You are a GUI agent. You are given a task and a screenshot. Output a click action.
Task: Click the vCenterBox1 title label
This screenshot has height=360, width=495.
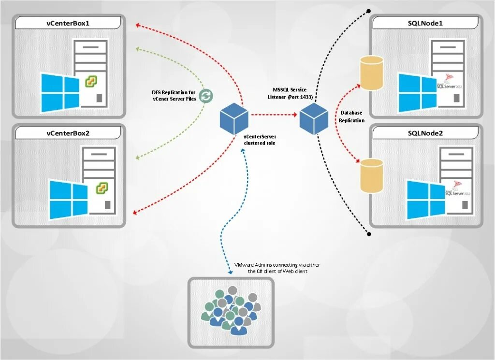click(x=68, y=23)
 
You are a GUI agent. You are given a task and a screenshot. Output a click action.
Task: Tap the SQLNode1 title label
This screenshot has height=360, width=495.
click(x=425, y=23)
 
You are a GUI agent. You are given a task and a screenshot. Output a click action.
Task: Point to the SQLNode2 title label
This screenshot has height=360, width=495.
click(x=425, y=133)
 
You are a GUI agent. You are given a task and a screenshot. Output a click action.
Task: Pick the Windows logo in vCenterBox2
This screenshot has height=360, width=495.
click(x=68, y=198)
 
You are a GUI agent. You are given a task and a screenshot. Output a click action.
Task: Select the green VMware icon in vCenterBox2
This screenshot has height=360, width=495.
click(x=101, y=187)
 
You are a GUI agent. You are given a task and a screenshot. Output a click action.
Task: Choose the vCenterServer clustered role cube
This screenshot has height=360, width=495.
click(x=234, y=119)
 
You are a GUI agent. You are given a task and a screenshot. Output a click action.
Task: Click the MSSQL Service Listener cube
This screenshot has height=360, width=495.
click(x=313, y=118)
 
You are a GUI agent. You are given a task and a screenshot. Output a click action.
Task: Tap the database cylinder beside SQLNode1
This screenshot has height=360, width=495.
click(x=371, y=72)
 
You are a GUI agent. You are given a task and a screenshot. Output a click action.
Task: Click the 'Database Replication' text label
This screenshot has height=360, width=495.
click(x=351, y=116)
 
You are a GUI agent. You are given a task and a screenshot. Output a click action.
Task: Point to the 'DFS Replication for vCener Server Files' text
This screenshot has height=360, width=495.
click(x=174, y=96)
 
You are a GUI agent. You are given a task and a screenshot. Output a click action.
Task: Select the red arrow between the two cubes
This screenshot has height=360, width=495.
click(x=273, y=115)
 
